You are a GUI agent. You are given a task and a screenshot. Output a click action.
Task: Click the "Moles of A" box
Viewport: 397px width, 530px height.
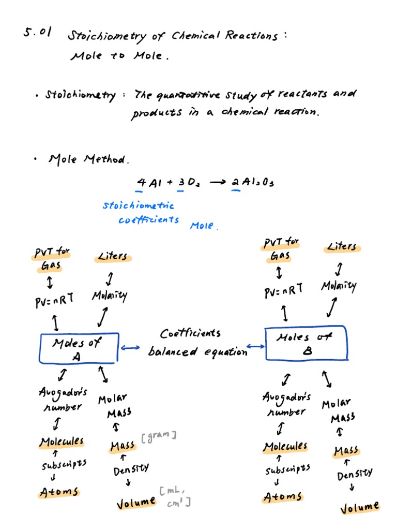click(79, 348)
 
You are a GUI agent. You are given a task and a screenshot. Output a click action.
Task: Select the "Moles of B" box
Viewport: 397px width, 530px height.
click(307, 344)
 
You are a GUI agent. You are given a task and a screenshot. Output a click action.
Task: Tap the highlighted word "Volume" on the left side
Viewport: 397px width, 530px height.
click(136, 502)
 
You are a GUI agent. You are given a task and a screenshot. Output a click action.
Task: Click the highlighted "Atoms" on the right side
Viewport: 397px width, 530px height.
click(282, 497)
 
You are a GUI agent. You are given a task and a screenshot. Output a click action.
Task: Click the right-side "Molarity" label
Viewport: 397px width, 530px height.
click(339, 286)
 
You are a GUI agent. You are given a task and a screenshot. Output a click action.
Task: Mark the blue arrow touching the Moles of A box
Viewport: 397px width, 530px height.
click(129, 348)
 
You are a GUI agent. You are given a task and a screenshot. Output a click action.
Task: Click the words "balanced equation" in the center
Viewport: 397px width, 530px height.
click(197, 352)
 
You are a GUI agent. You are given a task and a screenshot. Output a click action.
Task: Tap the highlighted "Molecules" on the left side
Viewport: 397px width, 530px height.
click(62, 441)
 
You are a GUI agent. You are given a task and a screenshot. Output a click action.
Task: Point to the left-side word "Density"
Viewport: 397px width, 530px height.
click(131, 469)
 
